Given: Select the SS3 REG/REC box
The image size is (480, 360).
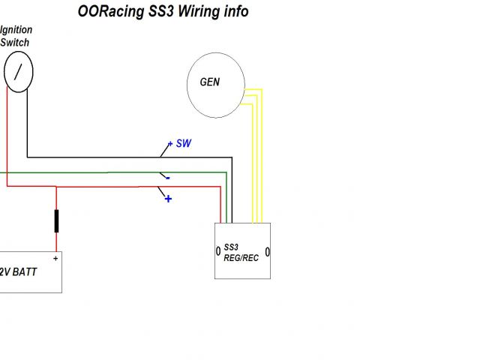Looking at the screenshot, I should tap(243, 250).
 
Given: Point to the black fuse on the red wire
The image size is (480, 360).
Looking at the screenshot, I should tap(56, 220).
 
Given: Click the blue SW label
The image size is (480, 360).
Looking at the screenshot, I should tap(183, 143).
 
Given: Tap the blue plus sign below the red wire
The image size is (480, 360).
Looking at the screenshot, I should tap(168, 199).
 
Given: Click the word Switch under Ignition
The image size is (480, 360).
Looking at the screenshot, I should tap(14, 43).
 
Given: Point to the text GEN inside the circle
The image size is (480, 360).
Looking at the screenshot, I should tap(210, 82).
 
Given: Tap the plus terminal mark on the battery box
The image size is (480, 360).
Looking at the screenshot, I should tap(55, 258).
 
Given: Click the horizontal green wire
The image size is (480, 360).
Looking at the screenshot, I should tap(112, 172).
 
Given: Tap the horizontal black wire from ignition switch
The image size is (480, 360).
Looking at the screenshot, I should tap(127, 157).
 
